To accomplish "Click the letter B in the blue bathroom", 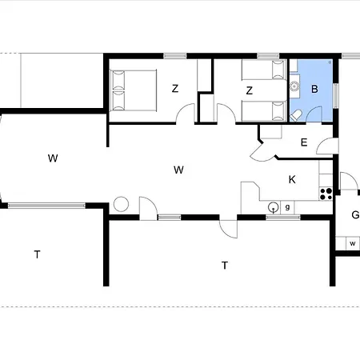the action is [x=314, y=89].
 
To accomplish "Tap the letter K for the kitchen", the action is [x=292, y=180].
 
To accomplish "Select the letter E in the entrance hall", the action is [x=304, y=142].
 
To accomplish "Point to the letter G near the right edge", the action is [x=355, y=214].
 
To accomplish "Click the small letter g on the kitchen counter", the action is [x=287, y=207].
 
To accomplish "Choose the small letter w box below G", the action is [x=353, y=243].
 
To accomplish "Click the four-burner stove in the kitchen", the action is [x=326, y=194].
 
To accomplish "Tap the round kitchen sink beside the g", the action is [x=273, y=207].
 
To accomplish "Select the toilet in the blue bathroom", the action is [x=295, y=116].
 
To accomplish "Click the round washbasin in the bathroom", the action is [x=294, y=86].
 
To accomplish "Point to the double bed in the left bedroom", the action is [x=133, y=90].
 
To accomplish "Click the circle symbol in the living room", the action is [x=121, y=204].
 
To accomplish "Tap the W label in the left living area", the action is [x=53, y=158].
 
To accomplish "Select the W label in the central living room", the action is [x=178, y=170].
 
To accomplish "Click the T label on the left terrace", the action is [x=38, y=254].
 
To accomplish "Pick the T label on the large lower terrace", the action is [x=225, y=266].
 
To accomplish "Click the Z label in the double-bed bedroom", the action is [x=175, y=89].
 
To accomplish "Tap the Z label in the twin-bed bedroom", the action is [x=249, y=90].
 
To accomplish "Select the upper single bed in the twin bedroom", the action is [x=264, y=70].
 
